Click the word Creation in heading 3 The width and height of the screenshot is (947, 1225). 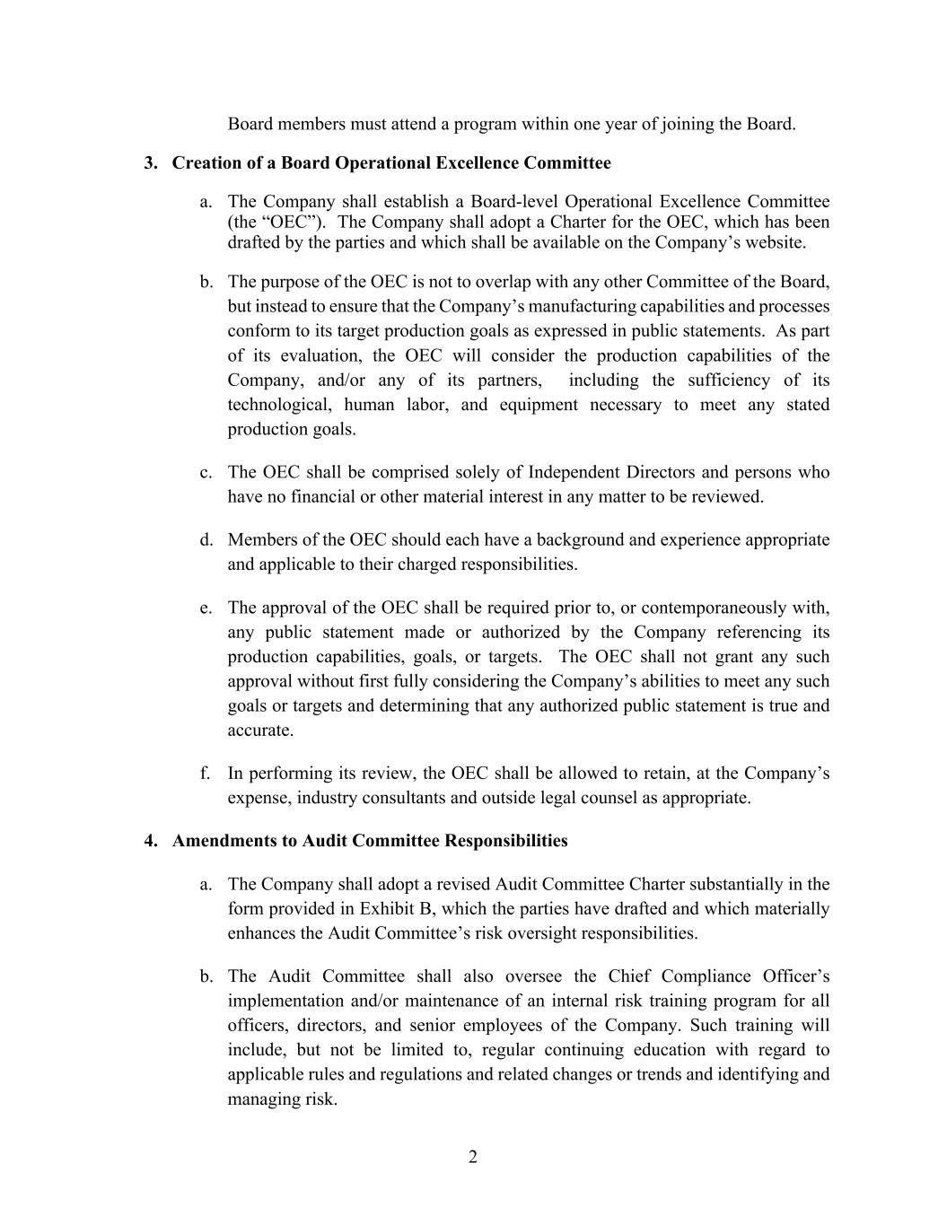(x=205, y=163)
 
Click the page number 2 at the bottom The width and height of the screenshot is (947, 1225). (x=473, y=1157)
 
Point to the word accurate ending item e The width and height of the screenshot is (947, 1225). (x=260, y=731)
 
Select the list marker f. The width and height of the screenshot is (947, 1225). (x=206, y=774)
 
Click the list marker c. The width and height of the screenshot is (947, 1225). (x=206, y=472)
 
